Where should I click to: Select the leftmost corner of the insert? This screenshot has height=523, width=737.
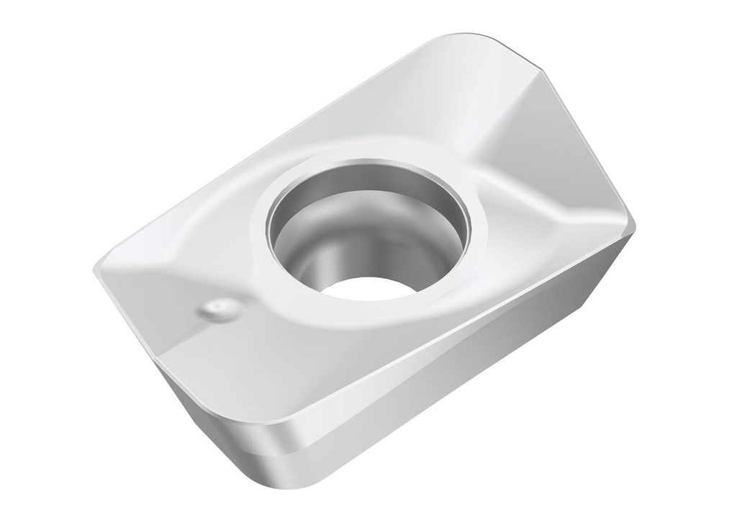coord(96,272)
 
